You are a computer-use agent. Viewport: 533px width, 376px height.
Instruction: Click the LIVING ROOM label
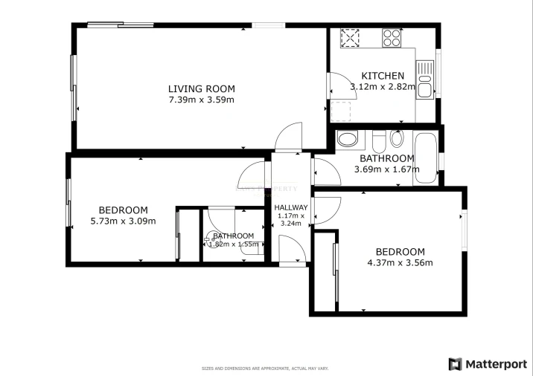[x=201, y=89]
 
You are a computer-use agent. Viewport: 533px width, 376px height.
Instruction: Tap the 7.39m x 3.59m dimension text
[x=201, y=100]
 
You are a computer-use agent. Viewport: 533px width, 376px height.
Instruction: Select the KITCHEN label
[x=383, y=76]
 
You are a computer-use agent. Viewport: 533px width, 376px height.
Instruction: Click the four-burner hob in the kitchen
[x=392, y=37]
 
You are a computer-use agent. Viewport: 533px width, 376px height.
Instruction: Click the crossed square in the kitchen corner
[x=350, y=37]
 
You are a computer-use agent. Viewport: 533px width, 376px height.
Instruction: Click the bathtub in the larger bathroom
[x=427, y=158]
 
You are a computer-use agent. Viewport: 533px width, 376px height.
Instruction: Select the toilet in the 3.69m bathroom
[x=347, y=139]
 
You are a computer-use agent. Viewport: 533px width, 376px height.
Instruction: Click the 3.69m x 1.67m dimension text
[x=386, y=169]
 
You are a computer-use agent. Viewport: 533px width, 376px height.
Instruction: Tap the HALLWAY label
[x=290, y=208]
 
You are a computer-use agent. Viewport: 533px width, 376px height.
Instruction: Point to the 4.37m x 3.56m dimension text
[x=400, y=262]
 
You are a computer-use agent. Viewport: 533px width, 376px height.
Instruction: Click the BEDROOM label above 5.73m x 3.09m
[x=123, y=210]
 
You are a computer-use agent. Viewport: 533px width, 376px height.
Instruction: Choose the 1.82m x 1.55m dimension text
[x=234, y=244]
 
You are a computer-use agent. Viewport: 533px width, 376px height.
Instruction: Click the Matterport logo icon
[x=455, y=364]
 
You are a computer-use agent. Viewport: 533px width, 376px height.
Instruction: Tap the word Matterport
[x=495, y=364]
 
